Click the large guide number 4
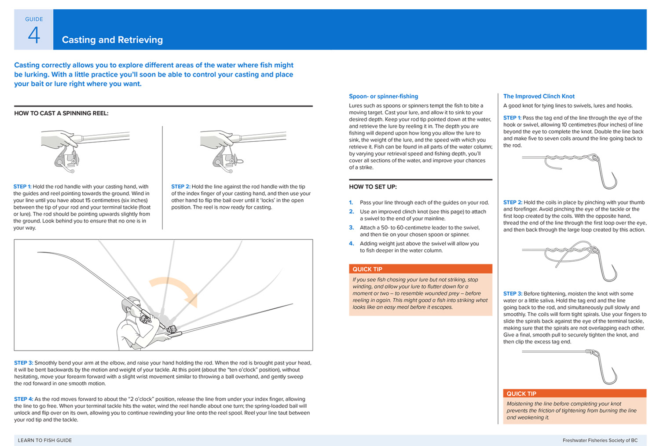tap(34, 35)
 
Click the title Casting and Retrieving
tap(112, 40)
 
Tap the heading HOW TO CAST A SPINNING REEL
tap(61, 113)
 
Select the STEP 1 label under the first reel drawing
tap(22, 186)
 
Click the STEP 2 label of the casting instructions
tap(180, 186)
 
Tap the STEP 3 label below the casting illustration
tap(23, 363)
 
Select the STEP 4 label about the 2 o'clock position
tap(23, 399)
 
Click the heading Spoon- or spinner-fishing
tap(383, 96)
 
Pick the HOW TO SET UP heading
tap(373, 186)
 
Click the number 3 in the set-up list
tap(351, 227)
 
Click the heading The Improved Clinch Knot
tap(539, 96)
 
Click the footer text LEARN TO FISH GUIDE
tap(45, 440)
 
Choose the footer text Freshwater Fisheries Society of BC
tap(600, 440)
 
